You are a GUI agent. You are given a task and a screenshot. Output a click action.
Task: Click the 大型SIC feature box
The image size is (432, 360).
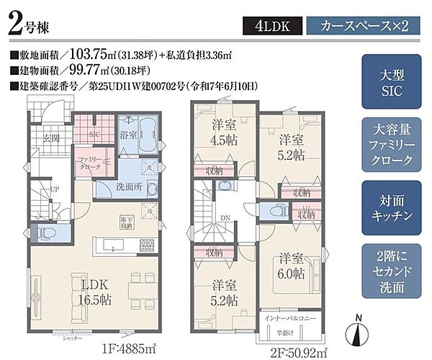point(389,83)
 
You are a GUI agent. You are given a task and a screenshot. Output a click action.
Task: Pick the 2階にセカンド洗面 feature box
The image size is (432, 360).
point(389,271)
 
